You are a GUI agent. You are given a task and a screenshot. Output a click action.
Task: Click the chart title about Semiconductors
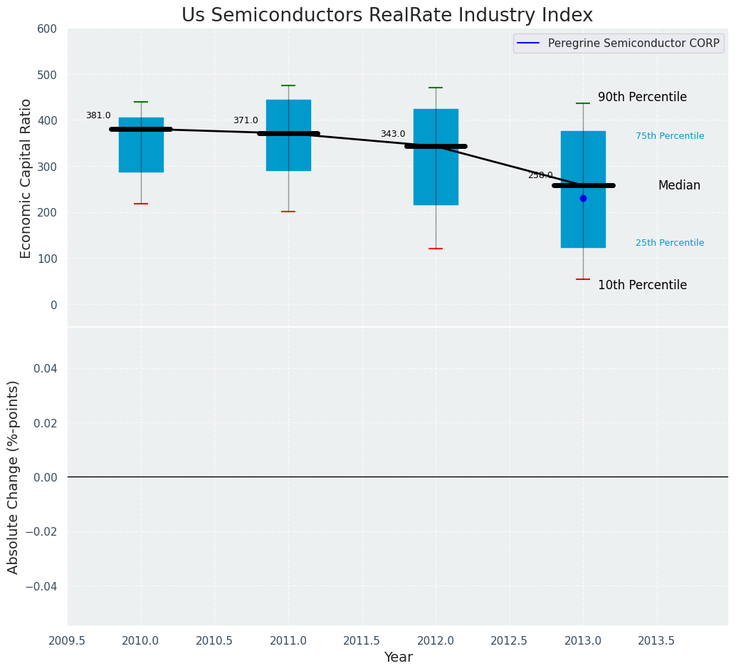[x=387, y=16]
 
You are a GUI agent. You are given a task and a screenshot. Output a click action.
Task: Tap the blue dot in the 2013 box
[x=583, y=198]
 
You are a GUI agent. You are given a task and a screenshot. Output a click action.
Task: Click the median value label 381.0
[x=98, y=115]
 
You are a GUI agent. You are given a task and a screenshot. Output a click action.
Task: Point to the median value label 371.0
[x=246, y=120]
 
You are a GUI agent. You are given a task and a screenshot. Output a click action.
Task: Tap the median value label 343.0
[x=393, y=134]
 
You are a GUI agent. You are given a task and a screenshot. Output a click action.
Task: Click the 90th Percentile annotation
[x=642, y=97]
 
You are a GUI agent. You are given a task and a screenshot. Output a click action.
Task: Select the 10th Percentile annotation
[x=642, y=285]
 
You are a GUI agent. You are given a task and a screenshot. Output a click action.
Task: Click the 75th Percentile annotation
[x=670, y=136]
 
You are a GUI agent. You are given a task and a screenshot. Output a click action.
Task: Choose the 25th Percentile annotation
[x=670, y=243]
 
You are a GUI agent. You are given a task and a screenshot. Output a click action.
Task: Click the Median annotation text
[x=679, y=185]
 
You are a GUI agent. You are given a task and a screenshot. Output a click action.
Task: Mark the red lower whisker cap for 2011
[x=288, y=212]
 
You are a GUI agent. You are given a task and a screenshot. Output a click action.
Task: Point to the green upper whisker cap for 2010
[x=141, y=102]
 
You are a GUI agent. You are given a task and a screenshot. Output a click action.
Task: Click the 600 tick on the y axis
[x=47, y=28]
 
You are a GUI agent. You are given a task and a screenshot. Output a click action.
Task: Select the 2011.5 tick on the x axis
[x=362, y=641]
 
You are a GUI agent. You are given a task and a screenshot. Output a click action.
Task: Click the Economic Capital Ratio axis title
[x=26, y=178]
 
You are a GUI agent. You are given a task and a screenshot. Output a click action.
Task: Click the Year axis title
[x=398, y=657]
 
